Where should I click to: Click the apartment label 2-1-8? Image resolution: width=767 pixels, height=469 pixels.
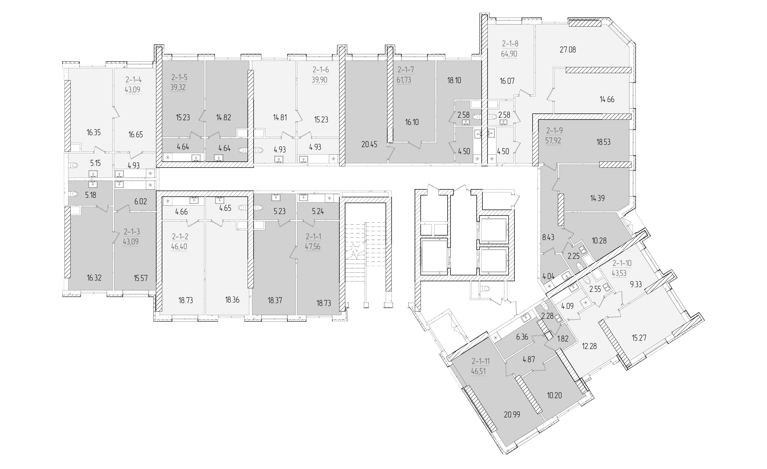(x=510, y=44)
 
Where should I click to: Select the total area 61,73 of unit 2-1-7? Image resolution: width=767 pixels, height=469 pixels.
(x=404, y=80)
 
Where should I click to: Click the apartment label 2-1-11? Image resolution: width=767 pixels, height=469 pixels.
(x=481, y=361)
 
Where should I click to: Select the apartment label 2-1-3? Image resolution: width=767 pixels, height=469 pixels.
(x=132, y=231)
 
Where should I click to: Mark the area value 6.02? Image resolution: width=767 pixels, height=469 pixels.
(x=140, y=201)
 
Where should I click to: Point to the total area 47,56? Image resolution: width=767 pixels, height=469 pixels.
(x=313, y=247)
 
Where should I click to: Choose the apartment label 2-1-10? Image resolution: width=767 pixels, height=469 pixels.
(x=622, y=263)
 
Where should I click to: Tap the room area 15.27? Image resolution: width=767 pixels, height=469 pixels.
(x=639, y=338)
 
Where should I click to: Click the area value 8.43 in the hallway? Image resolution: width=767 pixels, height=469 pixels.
(x=548, y=238)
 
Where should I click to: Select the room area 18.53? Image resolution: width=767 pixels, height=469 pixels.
(x=603, y=142)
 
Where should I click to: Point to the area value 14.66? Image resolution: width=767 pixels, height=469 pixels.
(x=607, y=100)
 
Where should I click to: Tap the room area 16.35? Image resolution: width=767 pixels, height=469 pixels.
(x=94, y=132)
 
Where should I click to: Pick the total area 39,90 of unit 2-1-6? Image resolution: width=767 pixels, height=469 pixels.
(x=320, y=80)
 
